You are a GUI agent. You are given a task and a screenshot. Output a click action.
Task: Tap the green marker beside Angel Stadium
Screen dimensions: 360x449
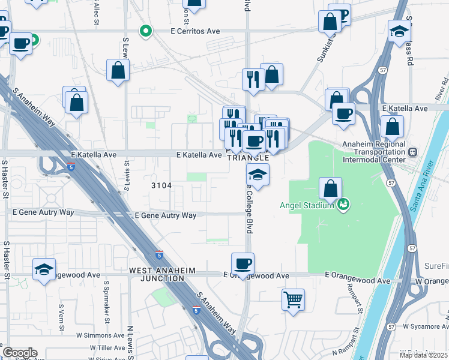[x=343, y=205]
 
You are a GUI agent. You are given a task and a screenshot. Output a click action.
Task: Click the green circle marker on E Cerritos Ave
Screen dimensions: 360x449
[x=145, y=31]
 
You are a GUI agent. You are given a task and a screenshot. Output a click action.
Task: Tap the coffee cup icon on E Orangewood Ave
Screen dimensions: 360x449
[x=243, y=263]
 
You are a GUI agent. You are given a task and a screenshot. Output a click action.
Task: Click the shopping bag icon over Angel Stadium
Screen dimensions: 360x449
[x=330, y=188]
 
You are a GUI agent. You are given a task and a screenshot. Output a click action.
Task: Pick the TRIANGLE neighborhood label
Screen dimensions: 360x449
[x=247, y=157]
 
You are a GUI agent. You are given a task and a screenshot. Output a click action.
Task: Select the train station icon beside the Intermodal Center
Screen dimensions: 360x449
[x=413, y=152]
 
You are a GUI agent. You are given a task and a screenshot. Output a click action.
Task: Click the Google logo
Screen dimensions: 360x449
[x=20, y=353]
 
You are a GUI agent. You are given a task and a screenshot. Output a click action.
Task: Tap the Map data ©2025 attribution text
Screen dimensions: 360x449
[x=423, y=355]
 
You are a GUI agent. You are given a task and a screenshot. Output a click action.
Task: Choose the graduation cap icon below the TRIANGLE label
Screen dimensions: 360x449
[x=258, y=175]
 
